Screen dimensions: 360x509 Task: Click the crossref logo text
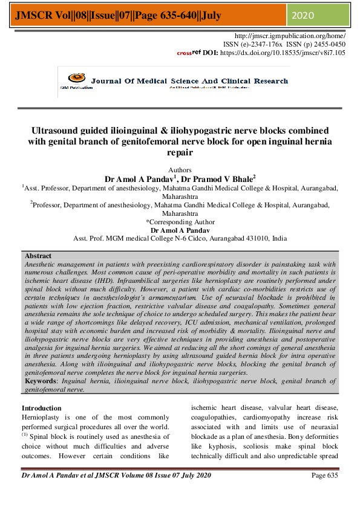pyautogui.click(x=189, y=53)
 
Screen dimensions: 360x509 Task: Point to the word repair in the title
pyautogui.click(x=179, y=153)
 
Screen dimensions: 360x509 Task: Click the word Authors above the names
pyautogui.click(x=179, y=170)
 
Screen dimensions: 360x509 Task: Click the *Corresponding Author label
pyautogui.click(x=180, y=222)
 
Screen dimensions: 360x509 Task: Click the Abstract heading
pyautogui.click(x=38, y=256)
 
